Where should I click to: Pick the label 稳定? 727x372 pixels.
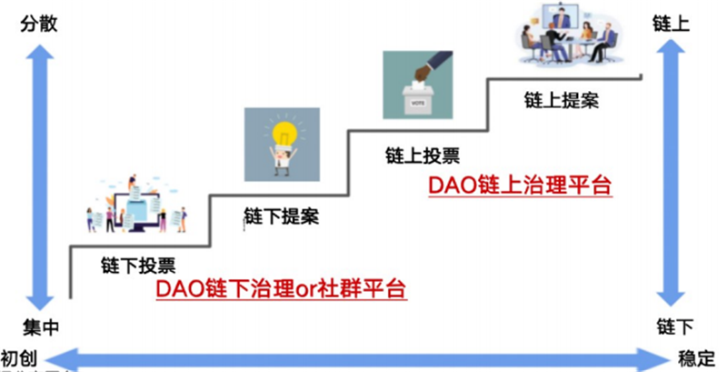coord(697,356)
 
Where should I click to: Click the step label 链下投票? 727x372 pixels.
coord(137,266)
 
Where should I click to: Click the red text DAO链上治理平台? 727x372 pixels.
coord(518,186)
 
